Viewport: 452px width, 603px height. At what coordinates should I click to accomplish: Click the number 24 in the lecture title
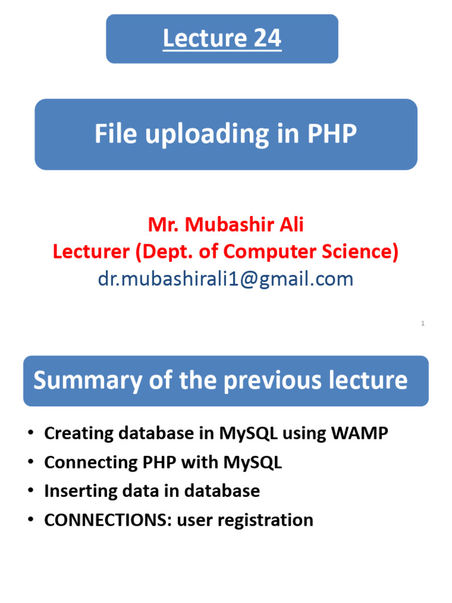pos(268,39)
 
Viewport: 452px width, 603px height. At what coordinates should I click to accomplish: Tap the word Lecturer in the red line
pos(91,251)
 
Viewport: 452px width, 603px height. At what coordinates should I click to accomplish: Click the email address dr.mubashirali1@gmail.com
pos(226,279)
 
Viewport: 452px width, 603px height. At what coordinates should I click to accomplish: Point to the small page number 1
pos(423,323)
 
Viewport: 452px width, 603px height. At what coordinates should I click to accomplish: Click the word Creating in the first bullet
pos(78,433)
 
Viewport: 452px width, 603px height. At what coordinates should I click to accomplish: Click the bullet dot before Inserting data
pos(31,492)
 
